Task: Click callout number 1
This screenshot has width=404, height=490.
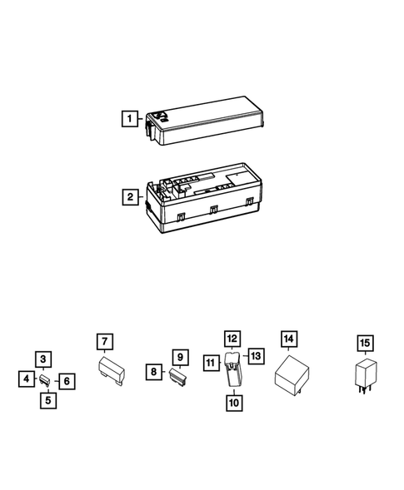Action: [x=129, y=118]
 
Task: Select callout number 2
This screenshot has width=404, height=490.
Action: [x=129, y=197]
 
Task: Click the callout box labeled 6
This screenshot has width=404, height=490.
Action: [x=67, y=380]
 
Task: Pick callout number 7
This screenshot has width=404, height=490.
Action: [x=104, y=342]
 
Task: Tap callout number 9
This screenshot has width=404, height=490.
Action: [x=178, y=357]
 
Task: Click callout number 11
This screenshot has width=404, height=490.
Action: [x=211, y=362]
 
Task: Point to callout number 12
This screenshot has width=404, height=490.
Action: [x=232, y=339]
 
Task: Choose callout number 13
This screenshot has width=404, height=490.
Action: [x=256, y=355]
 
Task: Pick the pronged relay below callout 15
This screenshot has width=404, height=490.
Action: [x=364, y=375]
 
